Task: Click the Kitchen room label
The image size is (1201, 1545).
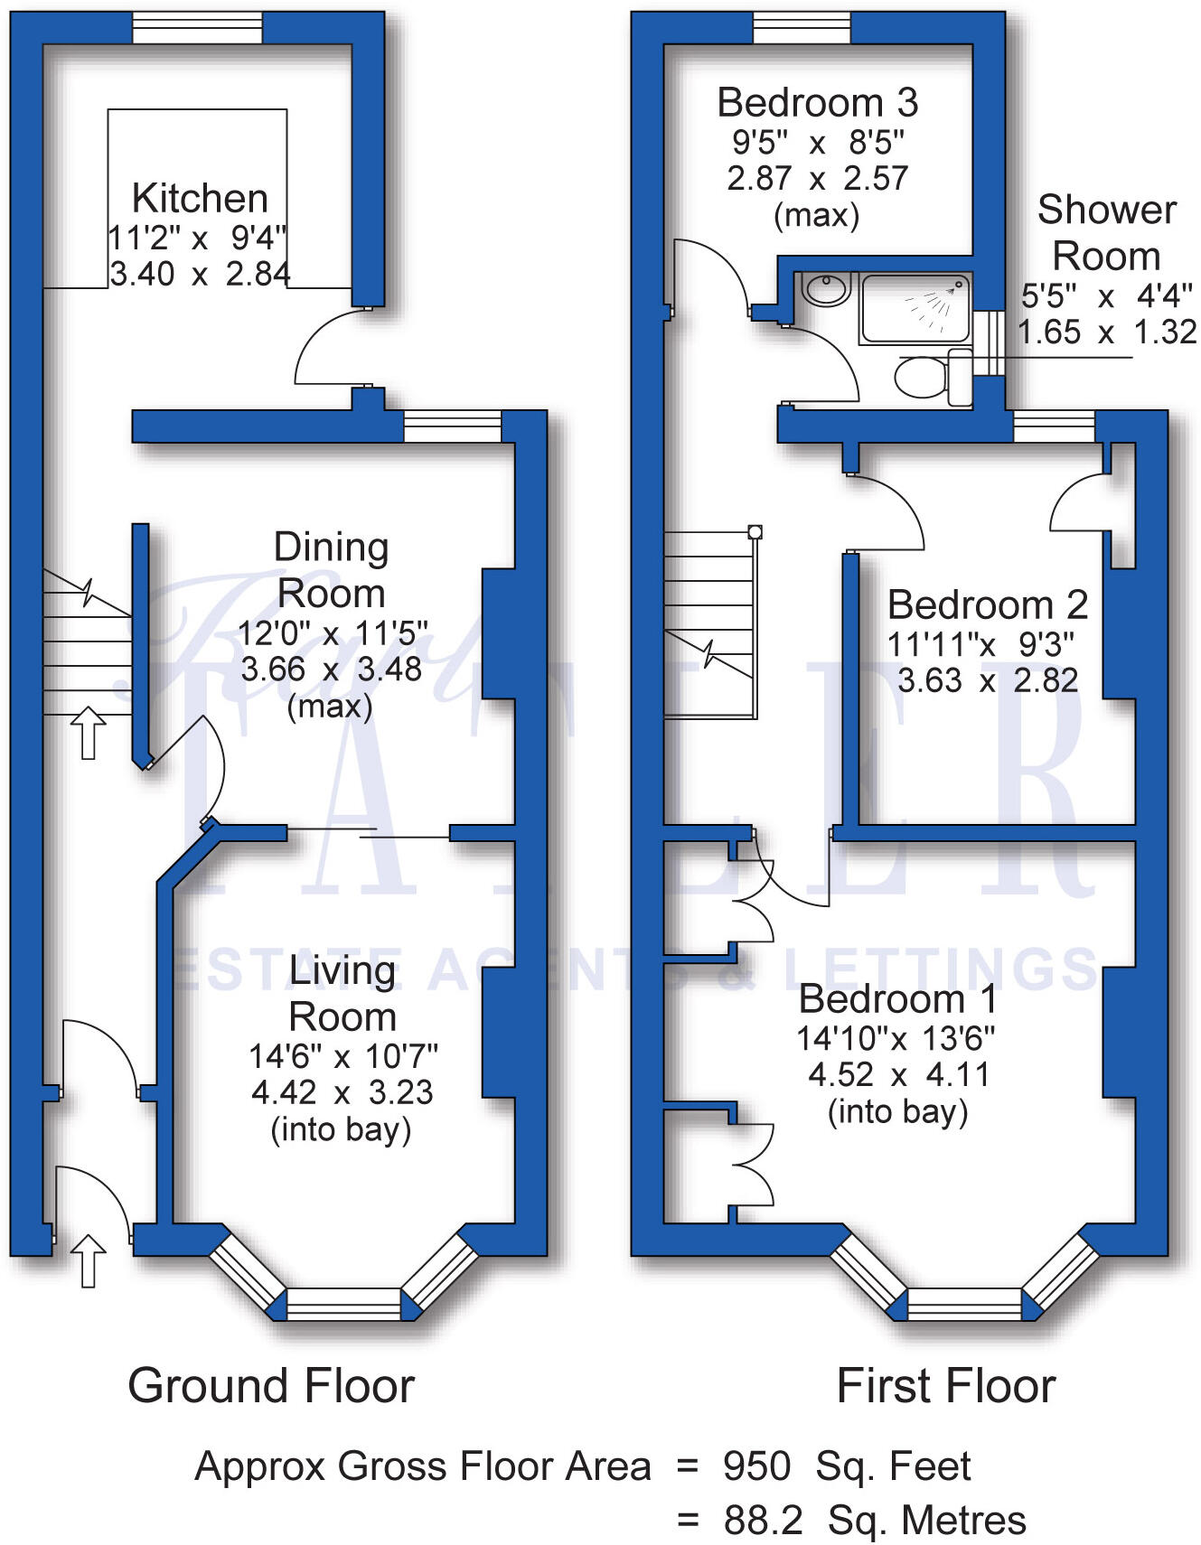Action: point(200,198)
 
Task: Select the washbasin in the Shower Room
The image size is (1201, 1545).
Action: point(825,290)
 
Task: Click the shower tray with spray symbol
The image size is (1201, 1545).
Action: point(915,308)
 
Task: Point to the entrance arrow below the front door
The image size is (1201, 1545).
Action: point(88,1260)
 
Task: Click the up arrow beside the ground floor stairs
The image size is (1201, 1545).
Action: point(88,733)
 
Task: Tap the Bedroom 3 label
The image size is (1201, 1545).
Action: point(817,103)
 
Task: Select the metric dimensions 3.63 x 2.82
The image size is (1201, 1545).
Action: point(988,680)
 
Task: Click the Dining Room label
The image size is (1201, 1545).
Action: point(332,570)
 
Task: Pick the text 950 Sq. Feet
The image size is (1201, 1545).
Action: point(847,1465)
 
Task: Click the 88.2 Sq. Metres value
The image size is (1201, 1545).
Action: point(874,1521)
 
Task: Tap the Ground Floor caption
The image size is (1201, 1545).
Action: point(271,1385)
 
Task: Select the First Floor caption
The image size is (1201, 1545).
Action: point(946,1385)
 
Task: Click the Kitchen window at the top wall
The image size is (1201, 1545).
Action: point(197,27)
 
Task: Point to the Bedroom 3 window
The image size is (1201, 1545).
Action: point(802,27)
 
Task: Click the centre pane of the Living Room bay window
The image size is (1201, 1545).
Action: point(343,1304)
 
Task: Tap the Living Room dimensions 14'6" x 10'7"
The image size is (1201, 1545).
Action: point(343,1055)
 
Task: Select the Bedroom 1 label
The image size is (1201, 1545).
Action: point(898,999)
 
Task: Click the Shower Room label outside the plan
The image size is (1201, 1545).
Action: point(1106,233)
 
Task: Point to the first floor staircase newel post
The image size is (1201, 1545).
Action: point(755,532)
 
